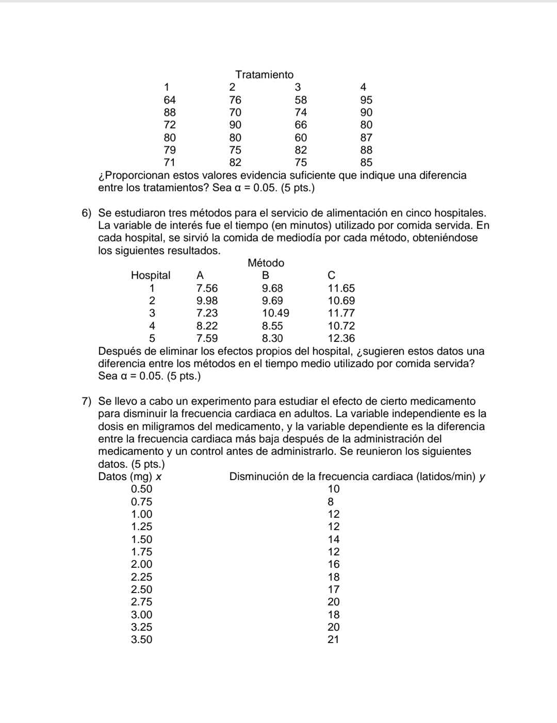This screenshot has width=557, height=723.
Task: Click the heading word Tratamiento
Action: click(x=264, y=75)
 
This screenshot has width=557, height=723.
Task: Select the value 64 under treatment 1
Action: click(x=170, y=100)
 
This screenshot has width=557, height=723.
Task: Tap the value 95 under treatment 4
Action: click(x=366, y=100)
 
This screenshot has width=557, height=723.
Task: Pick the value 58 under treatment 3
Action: click(x=301, y=100)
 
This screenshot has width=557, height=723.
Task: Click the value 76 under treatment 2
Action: click(x=235, y=100)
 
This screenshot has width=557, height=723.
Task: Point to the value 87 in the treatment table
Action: click(x=366, y=138)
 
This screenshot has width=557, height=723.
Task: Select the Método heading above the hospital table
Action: click(x=266, y=263)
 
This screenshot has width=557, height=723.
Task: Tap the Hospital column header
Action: click(x=151, y=275)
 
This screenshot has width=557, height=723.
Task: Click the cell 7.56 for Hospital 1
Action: click(x=207, y=288)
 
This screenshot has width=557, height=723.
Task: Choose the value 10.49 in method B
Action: click(x=275, y=313)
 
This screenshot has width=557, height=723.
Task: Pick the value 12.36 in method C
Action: click(x=341, y=338)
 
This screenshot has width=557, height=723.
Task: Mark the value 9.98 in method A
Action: click(x=207, y=301)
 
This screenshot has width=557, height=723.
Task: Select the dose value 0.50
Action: click(x=142, y=489)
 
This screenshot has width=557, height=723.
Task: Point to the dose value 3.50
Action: click(x=142, y=639)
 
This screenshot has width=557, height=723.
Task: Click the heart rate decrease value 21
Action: click(x=334, y=639)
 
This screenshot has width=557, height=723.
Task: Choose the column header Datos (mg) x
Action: click(x=130, y=476)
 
